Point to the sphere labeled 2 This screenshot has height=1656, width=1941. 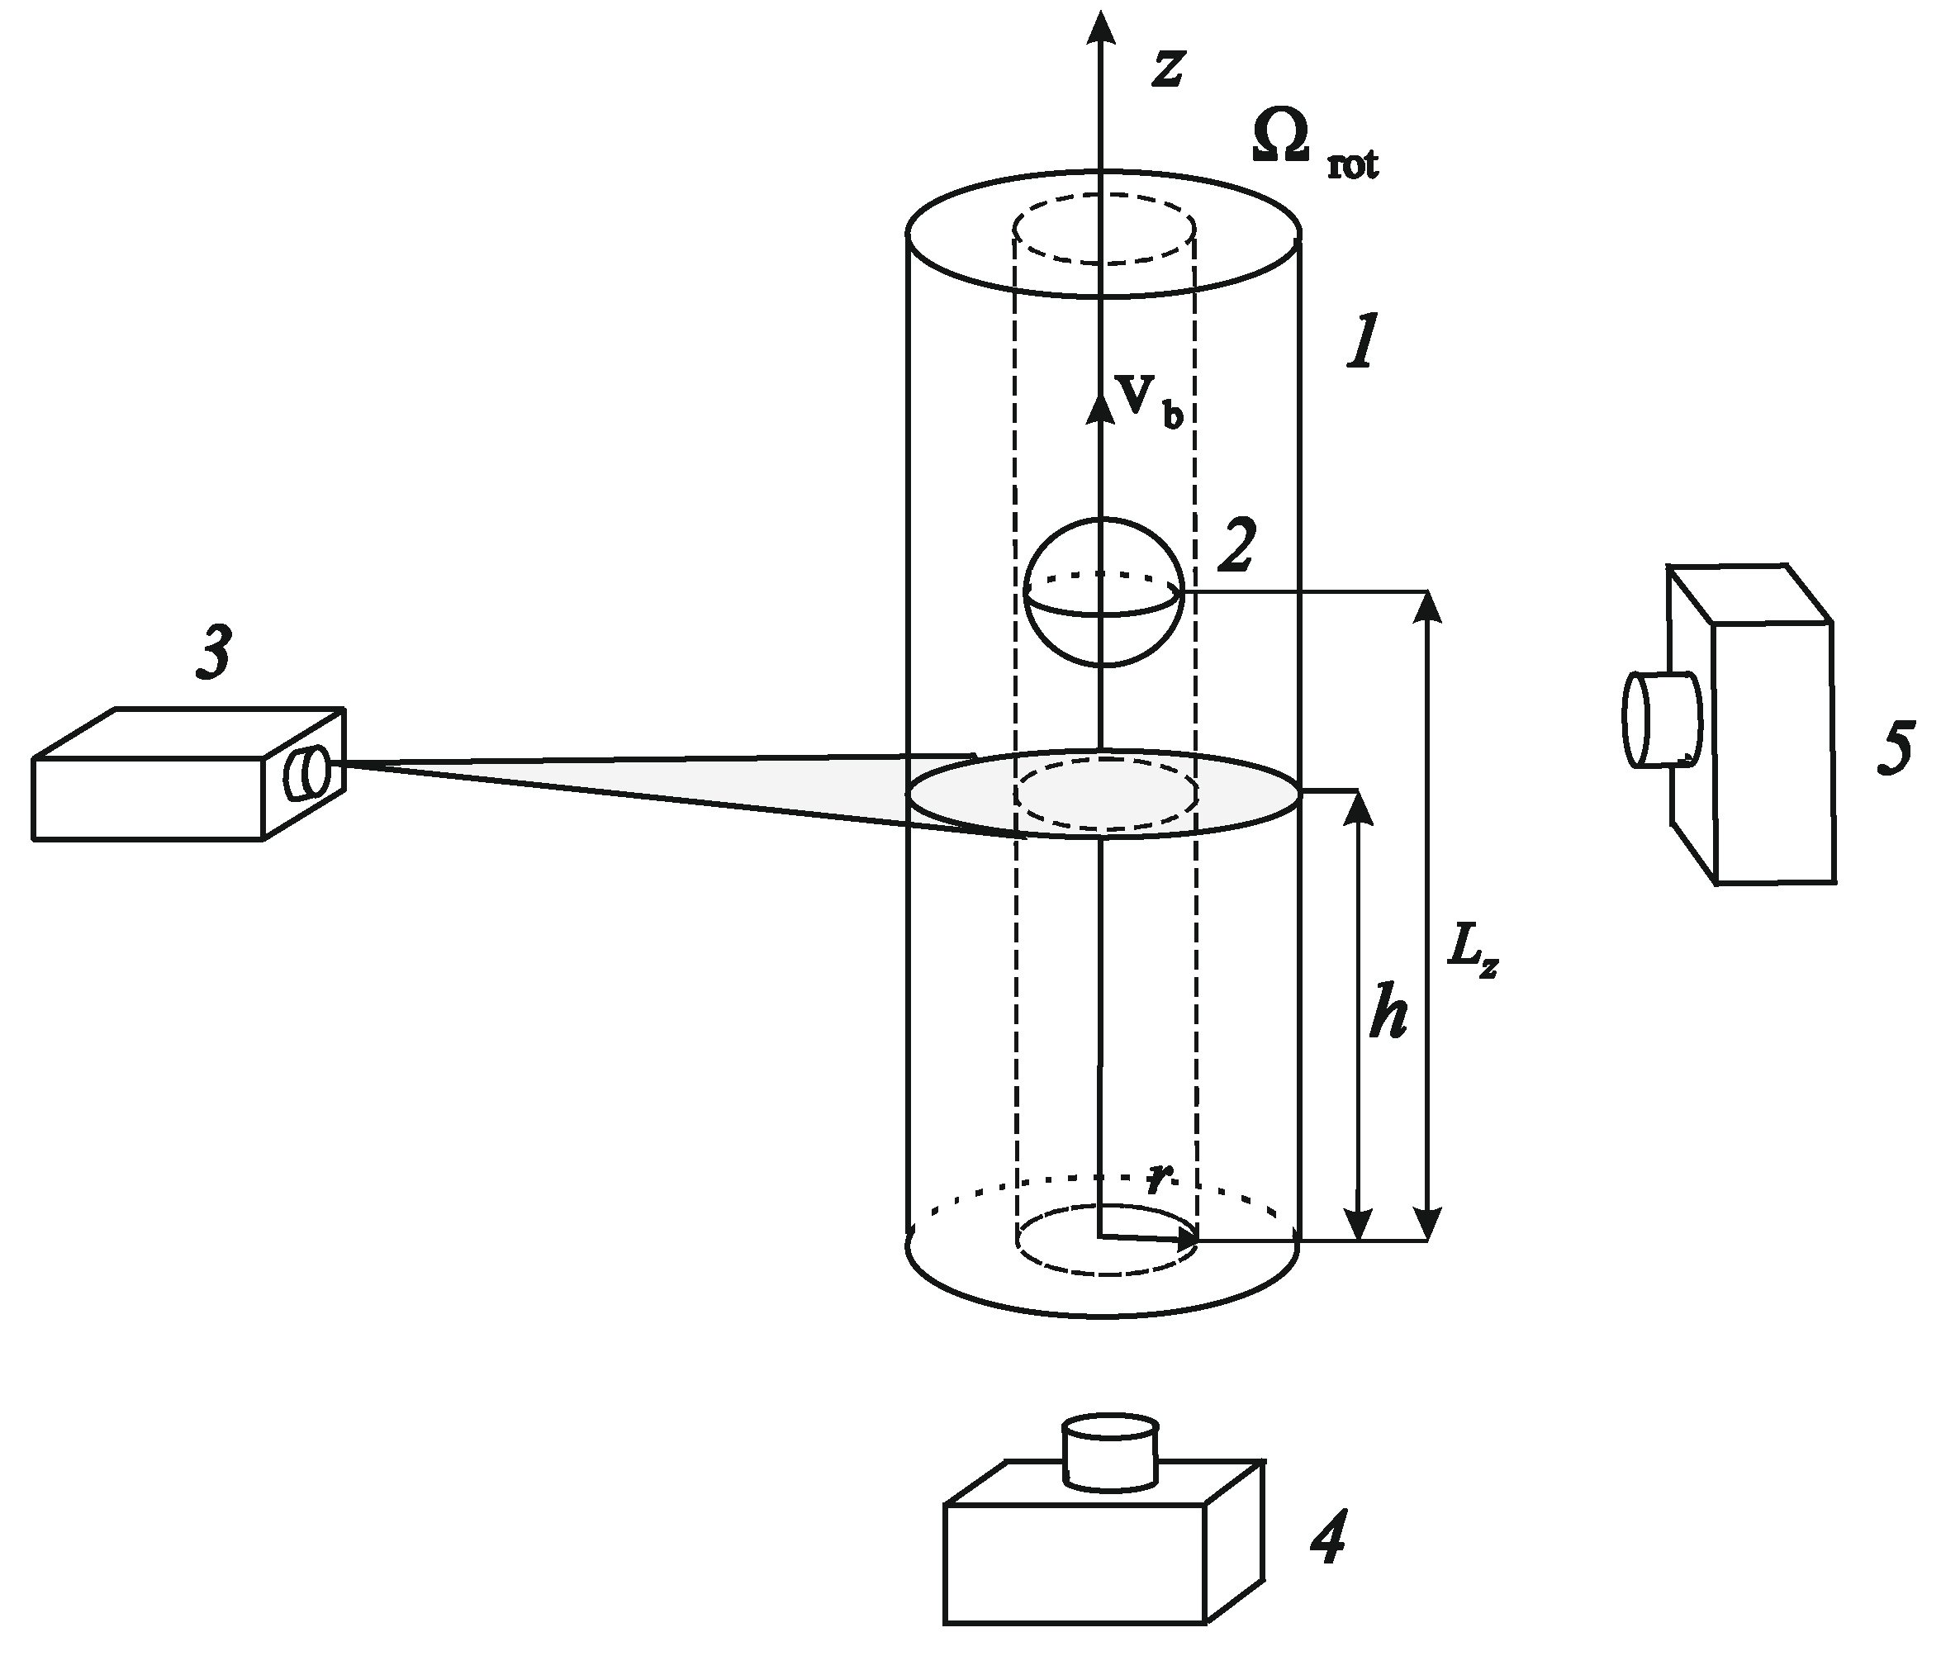tap(1103, 592)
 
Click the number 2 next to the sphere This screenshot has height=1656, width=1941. tap(1236, 547)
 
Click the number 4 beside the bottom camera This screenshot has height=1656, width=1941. tap(1327, 1538)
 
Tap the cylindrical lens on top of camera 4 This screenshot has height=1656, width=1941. tap(1110, 1454)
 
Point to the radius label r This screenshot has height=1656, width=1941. tap(1158, 1179)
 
